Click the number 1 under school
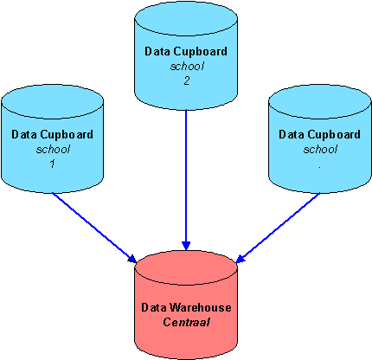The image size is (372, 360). [52, 164]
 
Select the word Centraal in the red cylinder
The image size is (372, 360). [185, 322]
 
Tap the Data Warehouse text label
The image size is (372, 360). [185, 308]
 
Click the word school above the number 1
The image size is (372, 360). [52, 149]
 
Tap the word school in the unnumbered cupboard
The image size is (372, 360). [319, 149]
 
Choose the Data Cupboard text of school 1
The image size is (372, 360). [52, 135]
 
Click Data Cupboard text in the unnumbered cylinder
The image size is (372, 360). [319, 135]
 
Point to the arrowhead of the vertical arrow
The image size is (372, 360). [186, 247]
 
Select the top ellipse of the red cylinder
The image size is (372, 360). [185, 267]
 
